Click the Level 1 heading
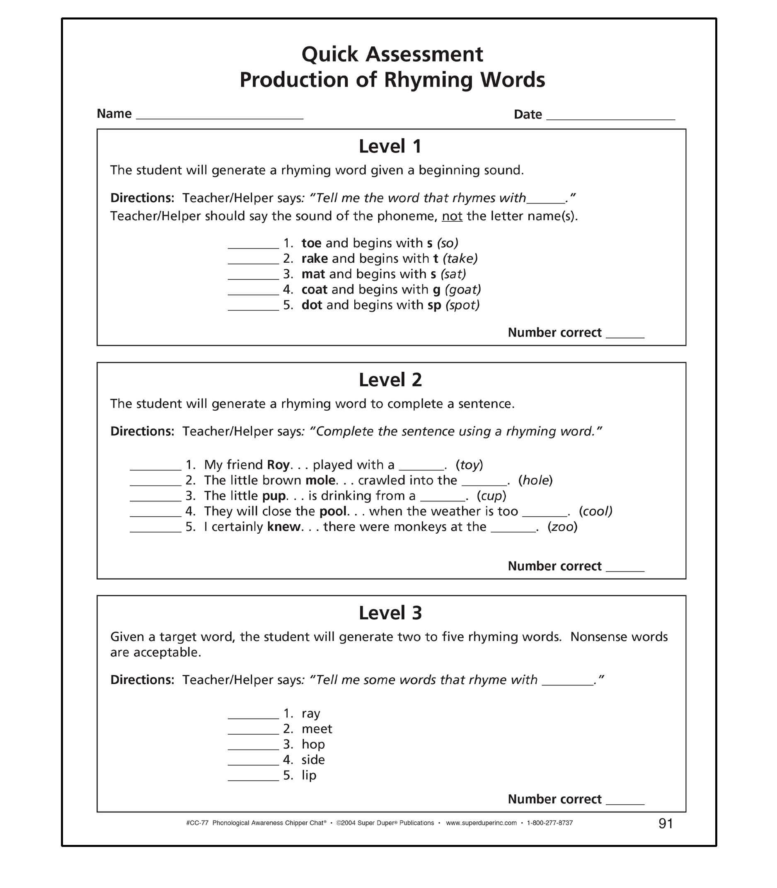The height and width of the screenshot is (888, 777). coord(390,147)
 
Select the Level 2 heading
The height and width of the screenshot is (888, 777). coord(390,380)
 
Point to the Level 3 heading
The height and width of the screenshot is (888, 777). coord(390,613)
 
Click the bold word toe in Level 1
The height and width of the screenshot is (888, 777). coord(311,243)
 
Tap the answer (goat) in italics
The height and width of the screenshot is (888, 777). coord(462,289)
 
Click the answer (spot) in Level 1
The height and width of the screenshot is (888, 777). coord(462,305)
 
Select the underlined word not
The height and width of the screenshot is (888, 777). coord(452,216)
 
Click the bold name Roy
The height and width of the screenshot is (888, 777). coord(278,465)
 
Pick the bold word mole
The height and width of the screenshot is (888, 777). coord(320,480)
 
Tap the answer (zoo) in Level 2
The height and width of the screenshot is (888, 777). coord(562,527)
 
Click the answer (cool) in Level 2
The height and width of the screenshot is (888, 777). coord(595,511)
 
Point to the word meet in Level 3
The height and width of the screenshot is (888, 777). coord(317,729)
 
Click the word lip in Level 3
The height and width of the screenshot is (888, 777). coord(309,775)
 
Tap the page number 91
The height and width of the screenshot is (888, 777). coord(666,823)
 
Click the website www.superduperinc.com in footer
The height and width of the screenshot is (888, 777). coord(481,823)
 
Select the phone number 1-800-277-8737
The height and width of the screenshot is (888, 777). coord(550,823)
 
